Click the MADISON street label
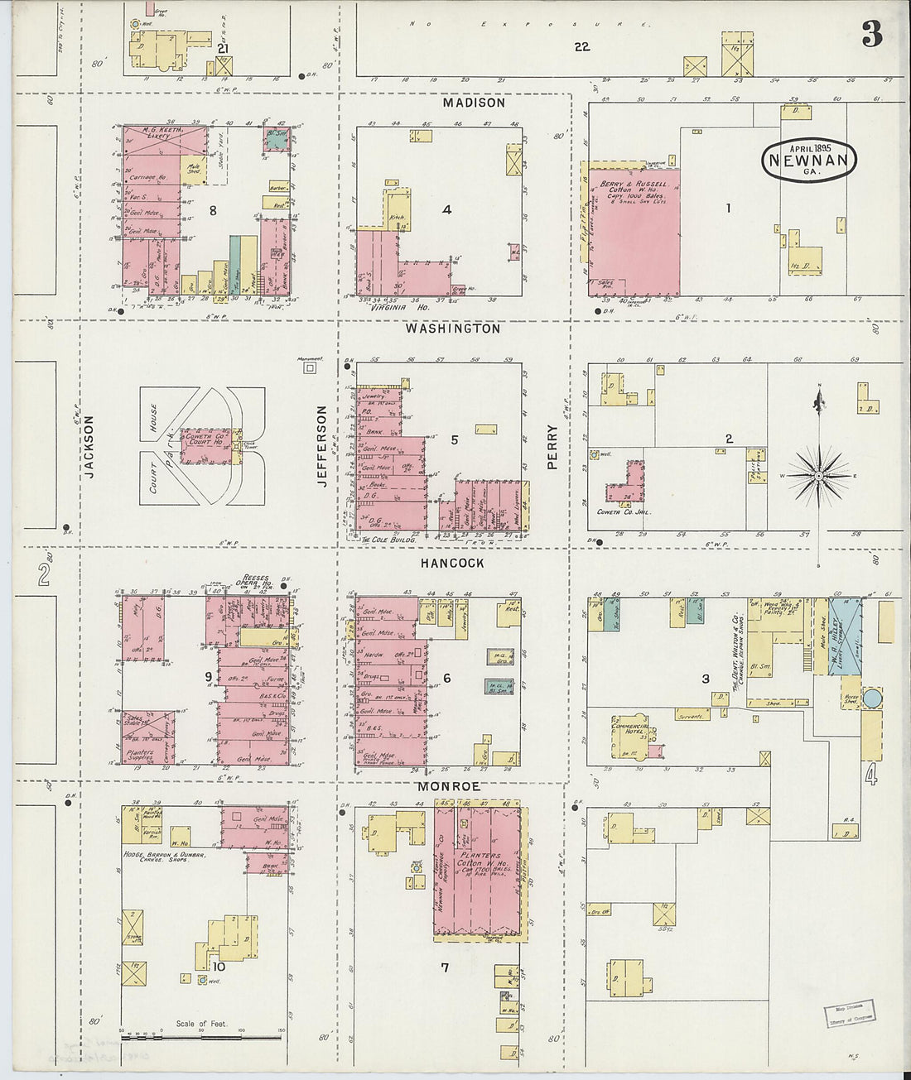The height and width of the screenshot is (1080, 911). pyautogui.click(x=473, y=103)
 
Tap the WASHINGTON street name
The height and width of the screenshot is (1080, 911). pyautogui.click(x=452, y=329)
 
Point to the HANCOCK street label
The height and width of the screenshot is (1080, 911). pyautogui.click(x=451, y=563)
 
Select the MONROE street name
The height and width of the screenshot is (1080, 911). pyautogui.click(x=448, y=785)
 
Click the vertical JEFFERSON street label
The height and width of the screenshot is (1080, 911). pyautogui.click(x=322, y=445)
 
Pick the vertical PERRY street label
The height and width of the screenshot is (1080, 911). pyautogui.click(x=552, y=448)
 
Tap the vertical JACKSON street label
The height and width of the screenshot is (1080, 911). pyautogui.click(x=89, y=447)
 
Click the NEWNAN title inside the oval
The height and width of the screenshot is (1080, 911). pyautogui.click(x=808, y=161)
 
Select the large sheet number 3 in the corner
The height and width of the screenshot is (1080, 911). pyautogui.click(x=870, y=35)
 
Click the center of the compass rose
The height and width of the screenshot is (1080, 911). pyautogui.click(x=819, y=476)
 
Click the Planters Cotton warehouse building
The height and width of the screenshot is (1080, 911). pyautogui.click(x=481, y=869)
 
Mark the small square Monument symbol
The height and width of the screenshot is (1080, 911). pyautogui.click(x=310, y=368)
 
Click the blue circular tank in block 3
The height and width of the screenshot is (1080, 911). pyautogui.click(x=871, y=698)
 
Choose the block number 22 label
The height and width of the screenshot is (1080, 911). pyautogui.click(x=582, y=47)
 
